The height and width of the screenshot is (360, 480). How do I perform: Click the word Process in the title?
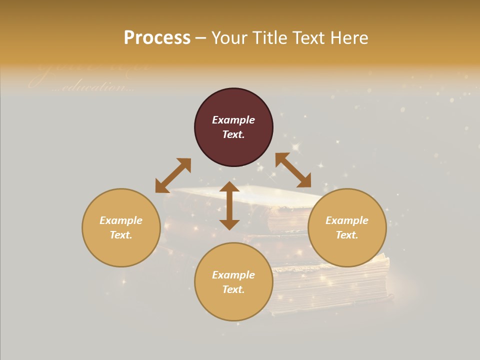(x=157, y=38)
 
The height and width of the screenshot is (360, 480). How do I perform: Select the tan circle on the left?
(x=121, y=250)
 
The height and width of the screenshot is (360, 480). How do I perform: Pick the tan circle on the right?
(x=347, y=250)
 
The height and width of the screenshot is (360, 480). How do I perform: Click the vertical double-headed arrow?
(x=229, y=205)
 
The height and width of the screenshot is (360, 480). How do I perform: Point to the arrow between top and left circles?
(x=173, y=175)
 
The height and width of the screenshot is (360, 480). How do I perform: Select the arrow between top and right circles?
(x=293, y=170)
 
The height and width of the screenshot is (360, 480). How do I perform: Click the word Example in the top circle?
(x=233, y=120)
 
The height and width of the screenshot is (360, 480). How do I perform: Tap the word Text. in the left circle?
(x=121, y=235)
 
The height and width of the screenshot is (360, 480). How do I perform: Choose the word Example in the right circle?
(x=347, y=220)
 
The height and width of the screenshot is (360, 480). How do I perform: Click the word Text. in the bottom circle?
(x=233, y=289)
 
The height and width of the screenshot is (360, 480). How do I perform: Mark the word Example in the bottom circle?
(x=233, y=275)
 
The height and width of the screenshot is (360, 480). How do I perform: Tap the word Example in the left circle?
(x=121, y=220)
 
